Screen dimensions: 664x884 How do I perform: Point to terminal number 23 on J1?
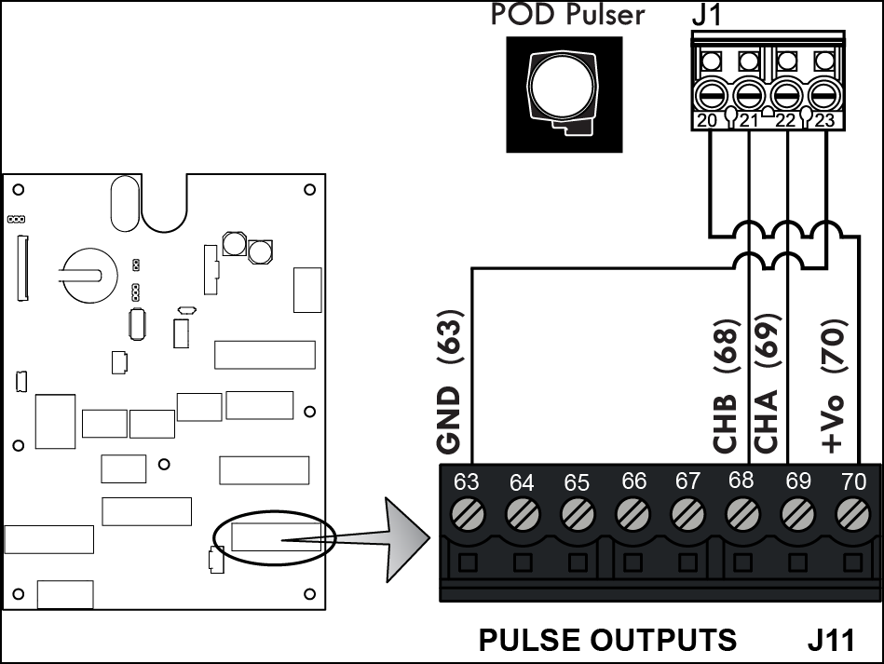[824, 120]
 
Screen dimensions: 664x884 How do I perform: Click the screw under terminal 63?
[467, 513]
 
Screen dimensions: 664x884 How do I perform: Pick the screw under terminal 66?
[633, 513]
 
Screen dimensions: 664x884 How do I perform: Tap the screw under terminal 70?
[850, 513]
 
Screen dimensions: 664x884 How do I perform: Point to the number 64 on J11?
[522, 482]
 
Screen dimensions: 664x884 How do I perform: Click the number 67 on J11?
[687, 481]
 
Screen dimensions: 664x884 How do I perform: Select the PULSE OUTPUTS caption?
[607, 640]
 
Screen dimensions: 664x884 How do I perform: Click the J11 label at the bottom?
[831, 640]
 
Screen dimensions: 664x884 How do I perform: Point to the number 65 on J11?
[577, 482]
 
